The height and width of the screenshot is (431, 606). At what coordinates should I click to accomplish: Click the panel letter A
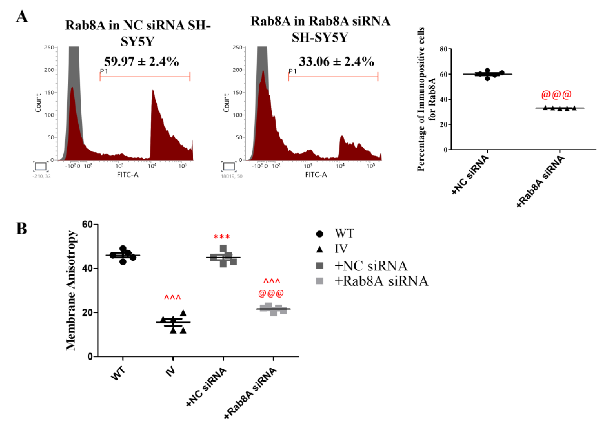22,16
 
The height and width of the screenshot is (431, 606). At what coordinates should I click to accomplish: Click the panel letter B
22,229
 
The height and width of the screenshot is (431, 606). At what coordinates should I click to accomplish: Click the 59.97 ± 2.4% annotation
141,62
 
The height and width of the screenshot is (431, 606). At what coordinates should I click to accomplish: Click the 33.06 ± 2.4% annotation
336,62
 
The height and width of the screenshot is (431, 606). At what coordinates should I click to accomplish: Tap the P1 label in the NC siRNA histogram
104,71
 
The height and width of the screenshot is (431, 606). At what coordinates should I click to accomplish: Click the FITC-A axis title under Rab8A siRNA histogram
316,175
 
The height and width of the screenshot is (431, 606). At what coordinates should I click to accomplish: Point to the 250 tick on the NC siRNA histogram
49,48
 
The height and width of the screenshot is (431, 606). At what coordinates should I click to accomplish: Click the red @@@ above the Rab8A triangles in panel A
556,94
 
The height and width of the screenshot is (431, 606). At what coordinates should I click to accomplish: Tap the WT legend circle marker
320,234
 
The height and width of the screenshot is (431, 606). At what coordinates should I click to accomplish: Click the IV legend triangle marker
320,249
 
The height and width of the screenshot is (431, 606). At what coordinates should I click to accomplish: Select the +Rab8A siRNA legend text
381,281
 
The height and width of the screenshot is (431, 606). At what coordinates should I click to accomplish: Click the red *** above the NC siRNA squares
222,236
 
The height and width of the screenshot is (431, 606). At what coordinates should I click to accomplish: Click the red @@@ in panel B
271,293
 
